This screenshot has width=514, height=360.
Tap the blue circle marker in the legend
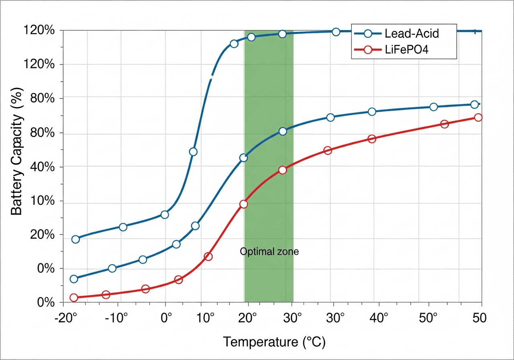coord(367,33)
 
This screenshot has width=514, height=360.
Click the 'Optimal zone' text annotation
coord(269,252)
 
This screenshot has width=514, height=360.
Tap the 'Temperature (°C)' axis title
coord(274,342)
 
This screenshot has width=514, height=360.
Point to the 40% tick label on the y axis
coord(41,167)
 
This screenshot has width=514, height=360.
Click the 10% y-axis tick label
coord(41,201)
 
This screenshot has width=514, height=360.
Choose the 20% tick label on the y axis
coord(41,235)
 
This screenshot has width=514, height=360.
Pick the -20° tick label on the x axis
coord(65,318)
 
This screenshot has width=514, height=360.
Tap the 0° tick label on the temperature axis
coord(166,318)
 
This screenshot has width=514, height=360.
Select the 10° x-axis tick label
coord(206,318)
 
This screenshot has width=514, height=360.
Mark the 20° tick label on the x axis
coord(248,318)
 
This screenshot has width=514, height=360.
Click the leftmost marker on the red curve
coord(74,298)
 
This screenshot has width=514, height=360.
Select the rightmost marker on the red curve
coord(478,117)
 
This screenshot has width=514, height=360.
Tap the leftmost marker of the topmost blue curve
coord(75,239)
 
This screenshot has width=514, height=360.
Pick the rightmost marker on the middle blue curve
coord(474,104)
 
